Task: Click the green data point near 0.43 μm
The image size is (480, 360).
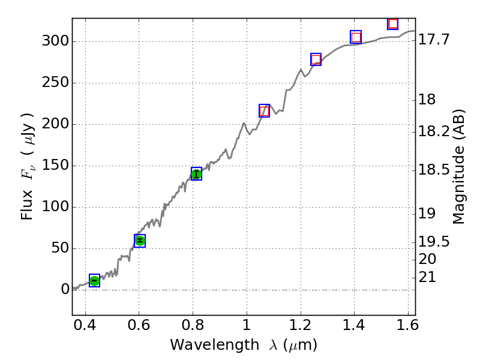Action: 94,280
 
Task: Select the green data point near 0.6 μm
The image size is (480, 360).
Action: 140,241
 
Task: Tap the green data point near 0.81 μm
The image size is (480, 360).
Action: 196,174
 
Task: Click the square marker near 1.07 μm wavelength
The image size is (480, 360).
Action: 264,110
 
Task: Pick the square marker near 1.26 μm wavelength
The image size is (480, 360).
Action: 316,59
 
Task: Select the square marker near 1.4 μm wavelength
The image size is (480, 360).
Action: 356,37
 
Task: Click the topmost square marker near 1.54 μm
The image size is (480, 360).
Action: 393,24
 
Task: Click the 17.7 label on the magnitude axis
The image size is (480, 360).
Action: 434,40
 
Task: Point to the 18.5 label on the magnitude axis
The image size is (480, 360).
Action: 434,170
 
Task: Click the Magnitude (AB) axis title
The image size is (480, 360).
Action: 459,166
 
